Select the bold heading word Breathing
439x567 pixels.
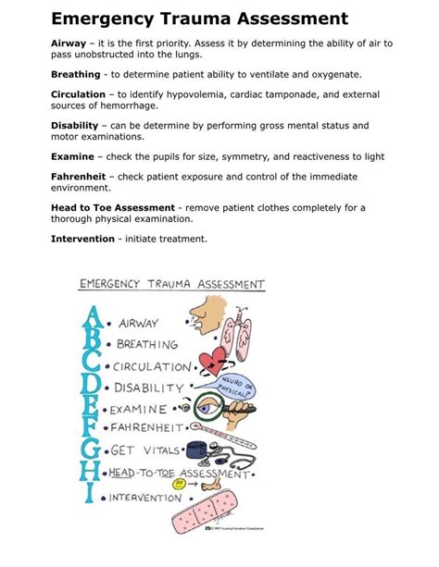(x=77, y=73)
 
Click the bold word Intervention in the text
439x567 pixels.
(x=83, y=238)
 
